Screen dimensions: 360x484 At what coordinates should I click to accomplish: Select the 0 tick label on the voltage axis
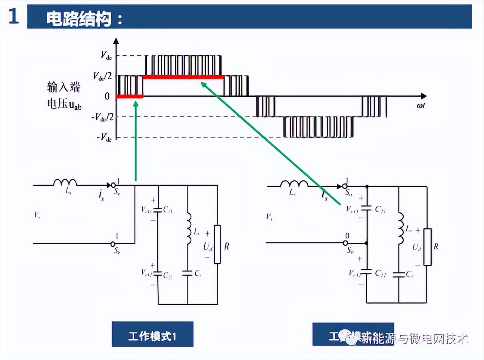107,96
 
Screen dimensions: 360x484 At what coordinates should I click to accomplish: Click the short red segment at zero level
130,96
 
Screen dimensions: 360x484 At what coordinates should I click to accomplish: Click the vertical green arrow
136,140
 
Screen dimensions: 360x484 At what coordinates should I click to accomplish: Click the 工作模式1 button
152,334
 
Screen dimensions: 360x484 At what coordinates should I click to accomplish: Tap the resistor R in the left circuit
217,244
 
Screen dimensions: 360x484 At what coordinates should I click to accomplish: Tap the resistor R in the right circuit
428,247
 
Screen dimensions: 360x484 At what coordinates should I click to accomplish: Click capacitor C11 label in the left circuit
168,211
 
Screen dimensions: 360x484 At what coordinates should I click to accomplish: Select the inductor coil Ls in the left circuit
65,183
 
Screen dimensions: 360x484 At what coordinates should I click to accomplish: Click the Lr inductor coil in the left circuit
188,228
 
